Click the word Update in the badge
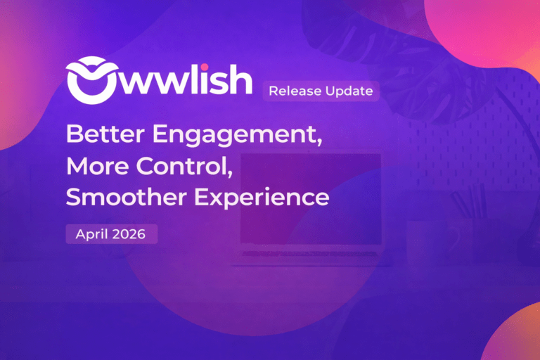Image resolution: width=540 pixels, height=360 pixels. coord(348,91)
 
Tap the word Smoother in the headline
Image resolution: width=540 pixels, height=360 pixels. coord(119,198)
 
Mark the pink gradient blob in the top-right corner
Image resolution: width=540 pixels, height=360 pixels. coord(485,28)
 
